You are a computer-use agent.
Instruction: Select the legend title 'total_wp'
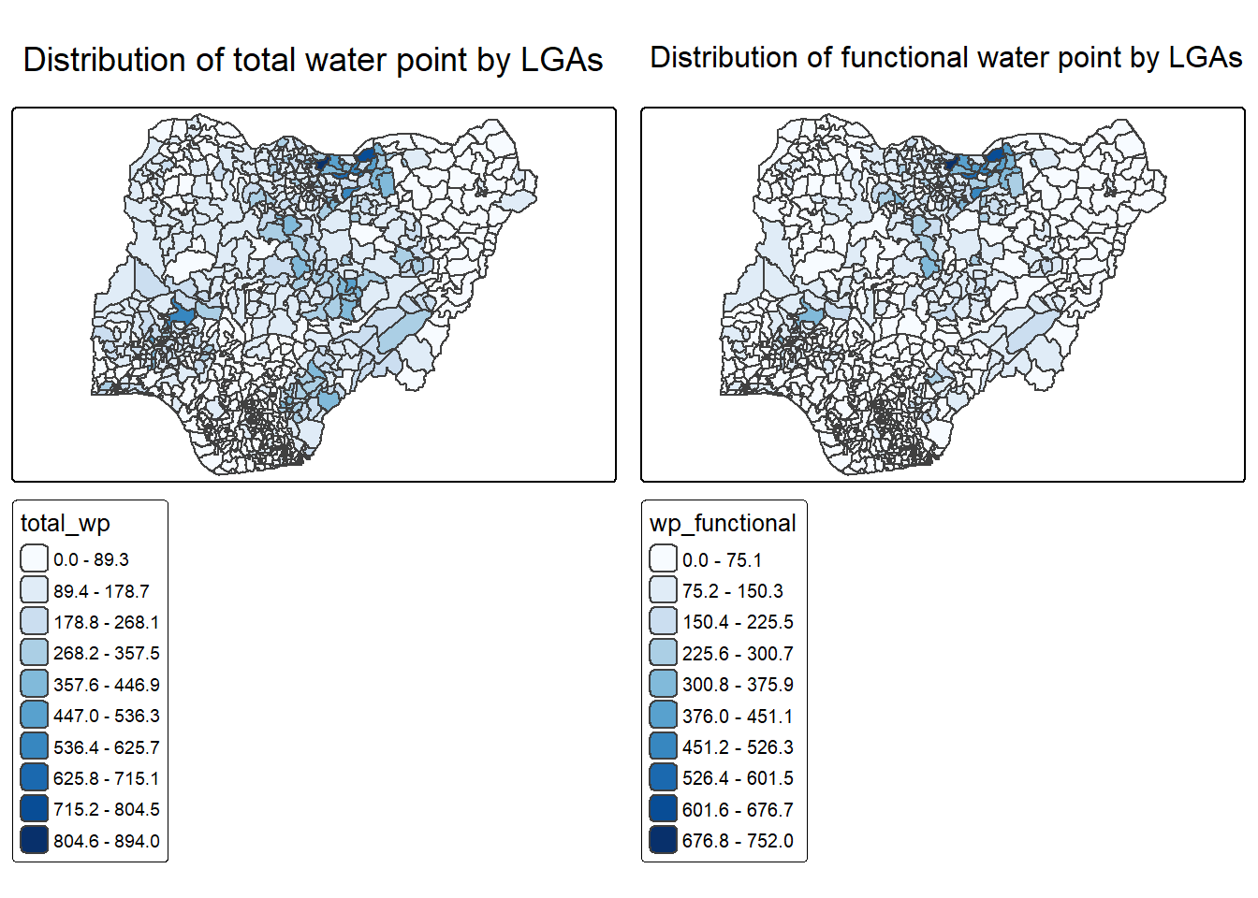pos(66,524)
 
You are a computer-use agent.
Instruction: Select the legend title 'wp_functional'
pos(723,524)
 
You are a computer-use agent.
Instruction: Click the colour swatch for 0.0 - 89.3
pos(34,559)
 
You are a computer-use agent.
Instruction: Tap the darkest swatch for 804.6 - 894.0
pos(34,840)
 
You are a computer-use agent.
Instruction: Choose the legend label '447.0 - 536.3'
pos(106,716)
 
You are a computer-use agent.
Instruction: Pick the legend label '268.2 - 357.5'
pos(106,653)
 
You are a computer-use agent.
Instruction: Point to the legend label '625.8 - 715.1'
pos(106,778)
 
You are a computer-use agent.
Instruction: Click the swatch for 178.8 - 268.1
pos(34,622)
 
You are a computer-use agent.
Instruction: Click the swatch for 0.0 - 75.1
pos(663,559)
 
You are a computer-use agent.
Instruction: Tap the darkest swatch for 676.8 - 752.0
pos(663,840)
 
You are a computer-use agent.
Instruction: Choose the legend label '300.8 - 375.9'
pos(738,685)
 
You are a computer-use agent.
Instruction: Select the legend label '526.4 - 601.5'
pos(738,778)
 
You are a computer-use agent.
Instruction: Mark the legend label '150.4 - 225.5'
pos(738,622)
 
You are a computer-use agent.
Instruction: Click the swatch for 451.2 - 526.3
pos(663,746)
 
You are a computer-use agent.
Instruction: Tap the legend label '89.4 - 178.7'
pos(101,591)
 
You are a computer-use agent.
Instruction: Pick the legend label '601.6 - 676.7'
pos(738,809)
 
